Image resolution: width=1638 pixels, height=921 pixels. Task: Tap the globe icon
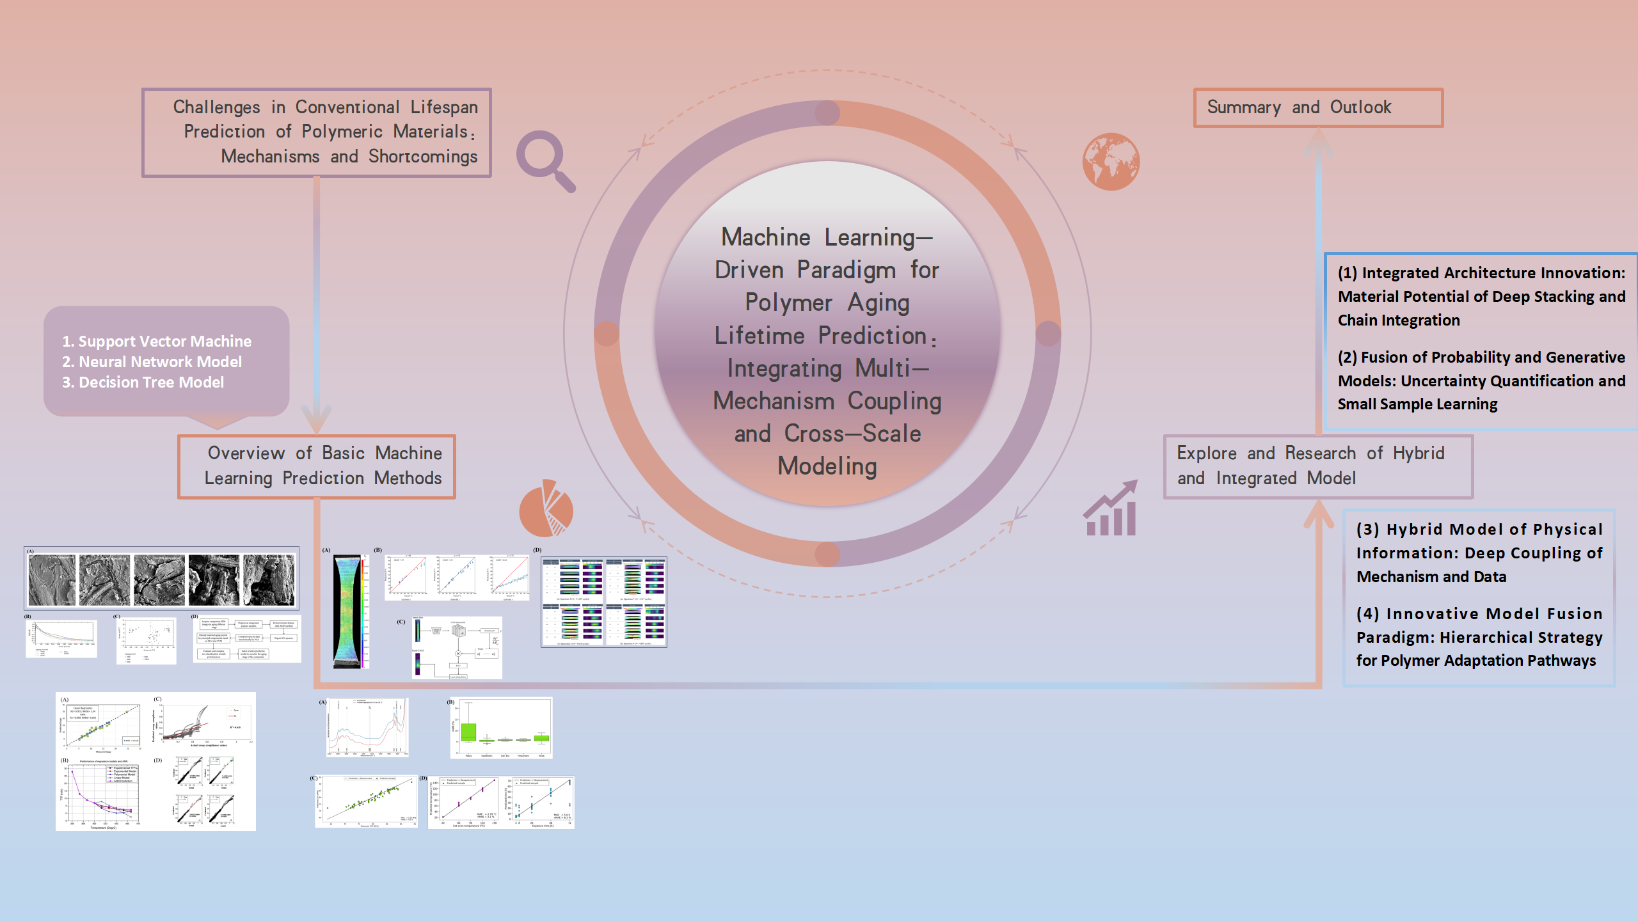click(x=1111, y=161)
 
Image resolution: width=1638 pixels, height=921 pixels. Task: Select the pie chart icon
click(x=546, y=509)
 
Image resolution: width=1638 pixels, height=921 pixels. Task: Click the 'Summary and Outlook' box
click(x=1318, y=107)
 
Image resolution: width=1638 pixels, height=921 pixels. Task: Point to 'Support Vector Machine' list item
click(x=157, y=342)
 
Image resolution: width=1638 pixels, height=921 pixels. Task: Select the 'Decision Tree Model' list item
click(x=143, y=382)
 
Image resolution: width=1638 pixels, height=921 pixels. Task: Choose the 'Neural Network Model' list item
click(x=152, y=362)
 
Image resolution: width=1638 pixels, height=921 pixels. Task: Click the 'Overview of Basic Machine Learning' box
click(x=317, y=466)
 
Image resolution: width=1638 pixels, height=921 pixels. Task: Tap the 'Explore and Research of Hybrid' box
click(x=1318, y=466)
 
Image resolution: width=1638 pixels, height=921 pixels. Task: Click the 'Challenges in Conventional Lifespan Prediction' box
click(x=317, y=132)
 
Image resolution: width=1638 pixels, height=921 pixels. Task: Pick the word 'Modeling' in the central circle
click(x=827, y=466)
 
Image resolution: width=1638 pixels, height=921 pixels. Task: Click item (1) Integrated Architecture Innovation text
click(x=1481, y=297)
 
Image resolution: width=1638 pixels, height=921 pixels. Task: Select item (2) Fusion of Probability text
click(x=1481, y=381)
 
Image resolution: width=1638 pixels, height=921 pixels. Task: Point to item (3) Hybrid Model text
click(x=1479, y=553)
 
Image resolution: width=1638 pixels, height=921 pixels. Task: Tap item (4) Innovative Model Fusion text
click(x=1479, y=637)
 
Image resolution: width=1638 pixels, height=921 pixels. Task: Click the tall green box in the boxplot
click(x=469, y=732)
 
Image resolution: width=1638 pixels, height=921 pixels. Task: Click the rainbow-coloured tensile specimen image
click(x=348, y=611)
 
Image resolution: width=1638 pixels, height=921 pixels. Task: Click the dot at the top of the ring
click(x=827, y=113)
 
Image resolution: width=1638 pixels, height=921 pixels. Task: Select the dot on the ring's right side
click(x=1048, y=333)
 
